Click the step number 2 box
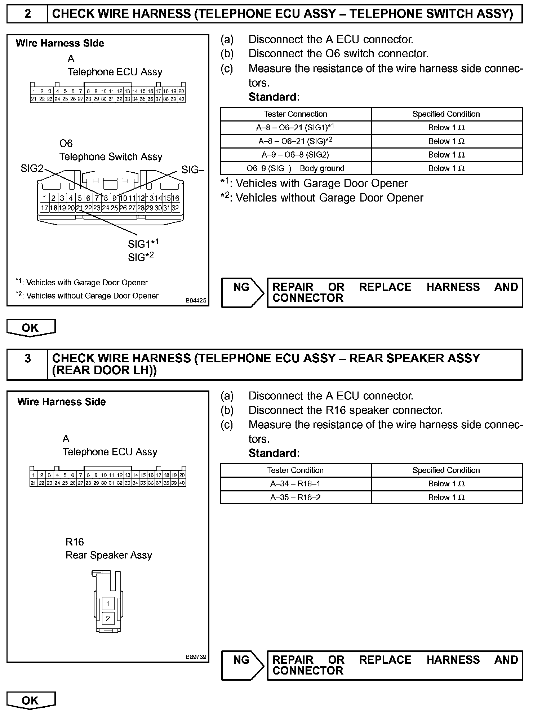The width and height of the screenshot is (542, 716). pos(27,14)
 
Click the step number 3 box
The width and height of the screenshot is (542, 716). pos(27,364)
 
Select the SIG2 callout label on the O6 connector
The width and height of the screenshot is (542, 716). pos(32,168)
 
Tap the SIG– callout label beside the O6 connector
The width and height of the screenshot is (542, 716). pos(193,169)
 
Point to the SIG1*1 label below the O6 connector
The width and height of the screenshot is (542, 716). pos(143,243)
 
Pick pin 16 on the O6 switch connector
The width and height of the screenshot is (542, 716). pos(176,198)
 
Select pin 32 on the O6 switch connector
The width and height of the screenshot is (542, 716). pos(176,208)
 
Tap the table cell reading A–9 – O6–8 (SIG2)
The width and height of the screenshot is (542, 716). pos(296,155)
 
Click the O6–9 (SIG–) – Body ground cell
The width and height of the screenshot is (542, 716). pos(296,168)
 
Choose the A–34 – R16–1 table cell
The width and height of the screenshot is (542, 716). pos(296,483)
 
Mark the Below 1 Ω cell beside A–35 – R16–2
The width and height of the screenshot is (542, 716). pos(446,497)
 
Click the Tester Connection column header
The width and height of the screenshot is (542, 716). pos(296,114)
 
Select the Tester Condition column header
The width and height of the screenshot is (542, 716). pos(296,470)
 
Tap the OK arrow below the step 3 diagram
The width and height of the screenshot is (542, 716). pos(31,700)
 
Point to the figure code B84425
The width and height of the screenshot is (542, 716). pos(196,300)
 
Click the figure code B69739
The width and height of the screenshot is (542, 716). pos(196,657)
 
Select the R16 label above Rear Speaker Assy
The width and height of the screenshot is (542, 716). pos(75,542)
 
